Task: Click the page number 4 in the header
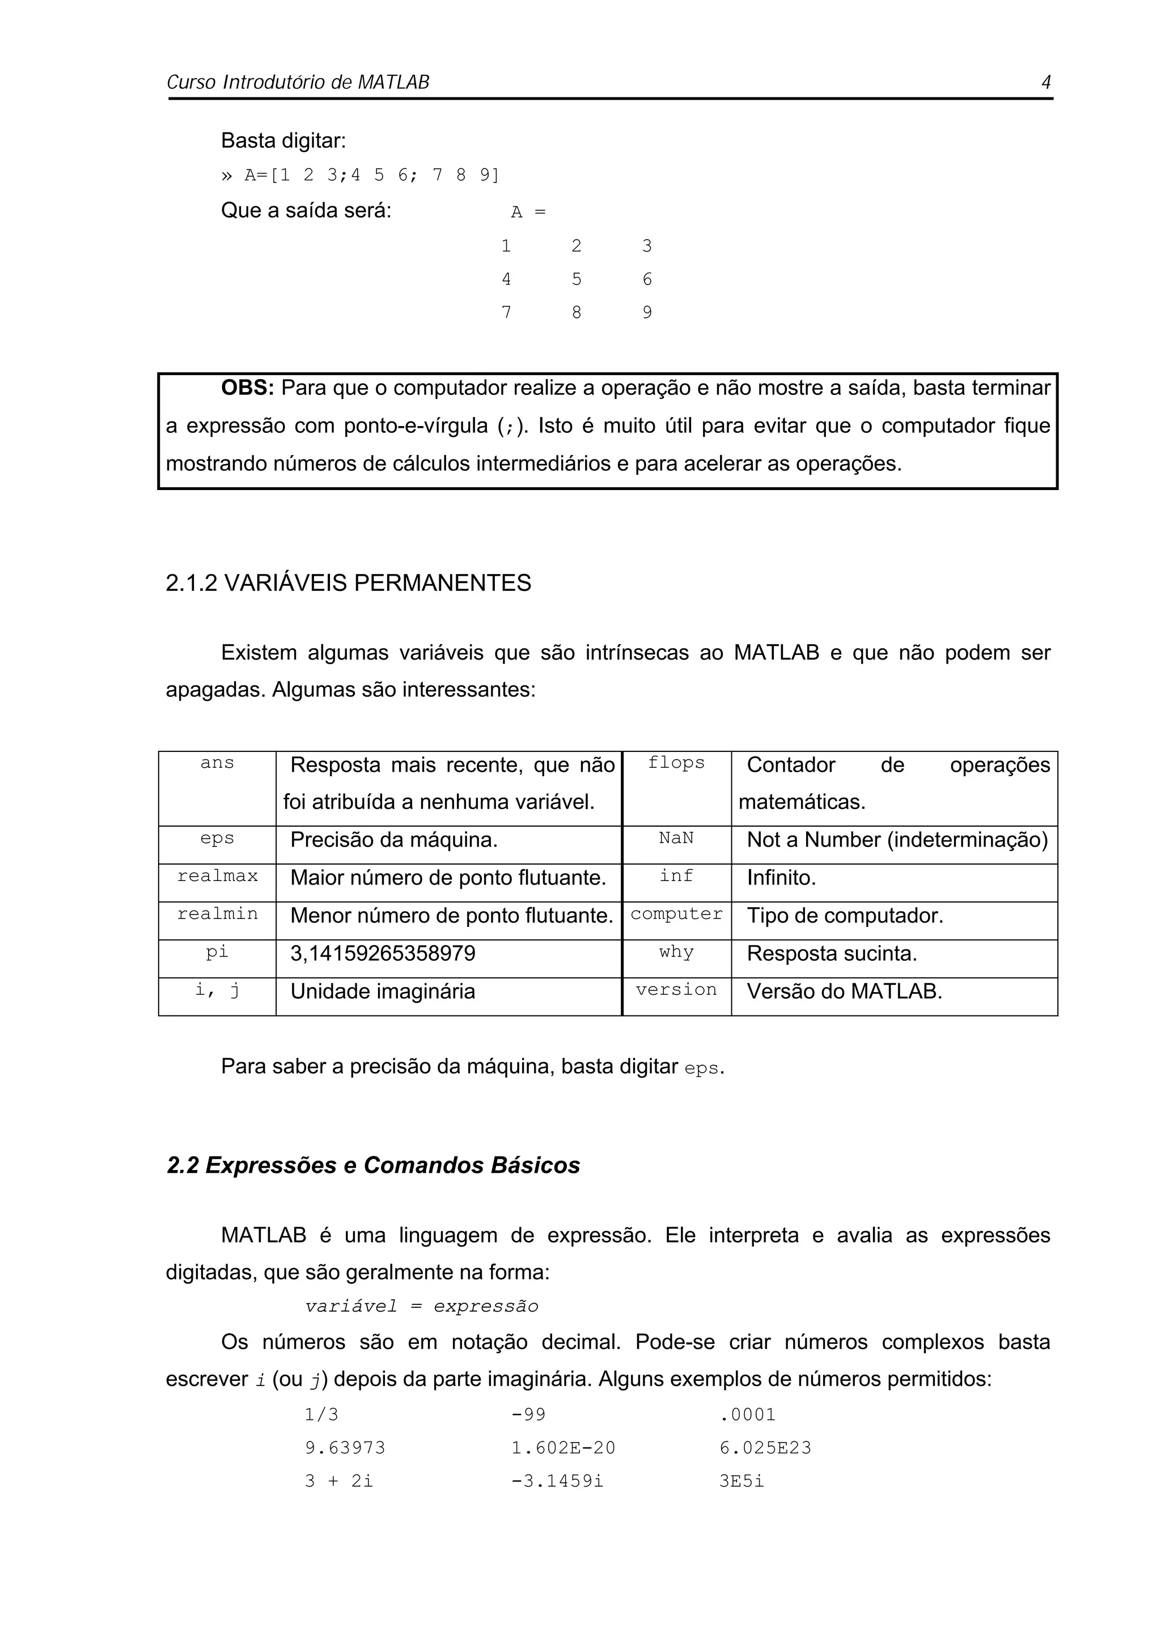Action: point(1045,82)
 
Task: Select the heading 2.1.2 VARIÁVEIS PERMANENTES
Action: point(349,583)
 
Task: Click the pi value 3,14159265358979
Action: point(383,954)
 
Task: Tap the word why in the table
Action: point(676,952)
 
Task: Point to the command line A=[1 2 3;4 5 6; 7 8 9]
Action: point(361,175)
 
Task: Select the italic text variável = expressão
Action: point(421,1306)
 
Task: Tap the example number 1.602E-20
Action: point(563,1448)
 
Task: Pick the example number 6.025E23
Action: point(765,1448)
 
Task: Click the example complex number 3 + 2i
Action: point(339,1481)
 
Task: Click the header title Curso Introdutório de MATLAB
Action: point(298,82)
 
